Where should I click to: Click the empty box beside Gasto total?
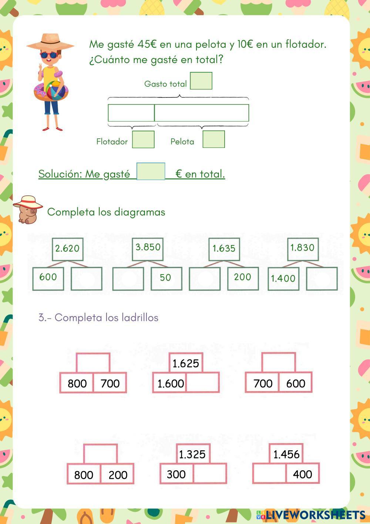click(x=201, y=81)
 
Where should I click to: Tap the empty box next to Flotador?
click(x=143, y=139)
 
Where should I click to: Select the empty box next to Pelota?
click(x=213, y=139)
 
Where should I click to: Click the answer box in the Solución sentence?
click(x=151, y=171)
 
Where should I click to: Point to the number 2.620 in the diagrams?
click(x=67, y=249)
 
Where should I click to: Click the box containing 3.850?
click(x=148, y=248)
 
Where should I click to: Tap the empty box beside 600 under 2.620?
click(x=87, y=278)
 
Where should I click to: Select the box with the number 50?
click(x=166, y=278)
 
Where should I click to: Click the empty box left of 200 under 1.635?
click(x=205, y=278)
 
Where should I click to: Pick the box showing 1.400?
click(x=283, y=278)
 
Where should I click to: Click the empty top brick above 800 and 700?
click(x=93, y=363)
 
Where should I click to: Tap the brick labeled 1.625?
click(x=186, y=363)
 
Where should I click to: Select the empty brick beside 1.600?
click(x=202, y=383)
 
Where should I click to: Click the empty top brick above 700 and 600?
click(x=279, y=363)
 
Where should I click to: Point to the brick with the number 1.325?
click(x=192, y=454)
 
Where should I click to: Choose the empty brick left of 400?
click(x=269, y=474)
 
